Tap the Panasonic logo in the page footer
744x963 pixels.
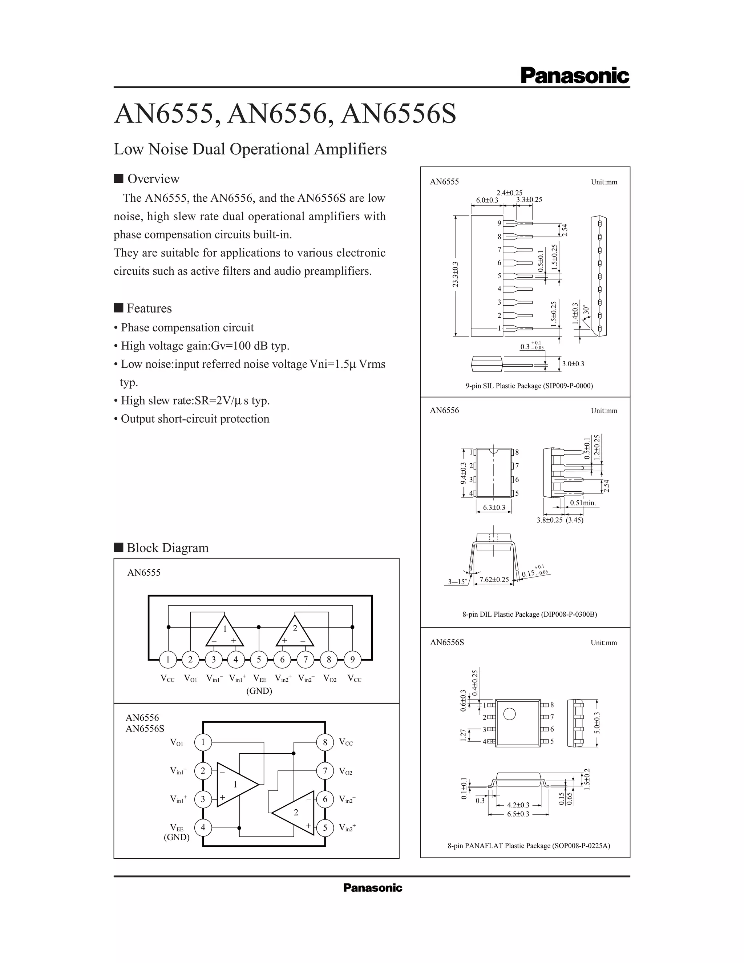[372, 888]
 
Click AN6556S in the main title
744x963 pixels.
[399, 114]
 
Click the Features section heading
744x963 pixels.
[149, 308]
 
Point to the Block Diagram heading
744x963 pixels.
[167, 548]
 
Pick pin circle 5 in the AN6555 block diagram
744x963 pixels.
[259, 660]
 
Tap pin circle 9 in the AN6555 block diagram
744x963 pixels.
[352, 660]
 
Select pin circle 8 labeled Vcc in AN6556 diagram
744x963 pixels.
[325, 742]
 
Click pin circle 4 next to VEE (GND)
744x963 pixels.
[203, 827]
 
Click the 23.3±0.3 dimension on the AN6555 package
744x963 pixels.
[455, 274]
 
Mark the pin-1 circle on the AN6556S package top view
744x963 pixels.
[510, 713]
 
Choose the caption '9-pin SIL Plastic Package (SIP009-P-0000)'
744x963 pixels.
[529, 386]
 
